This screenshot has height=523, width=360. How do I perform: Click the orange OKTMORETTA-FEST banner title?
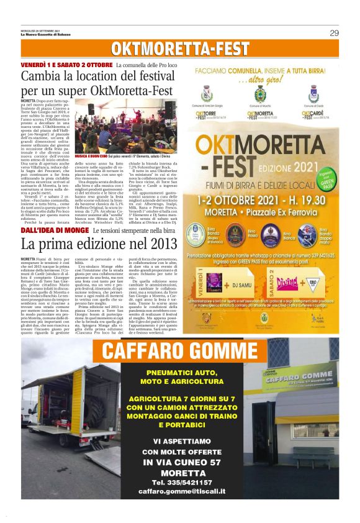coord(179,49)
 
